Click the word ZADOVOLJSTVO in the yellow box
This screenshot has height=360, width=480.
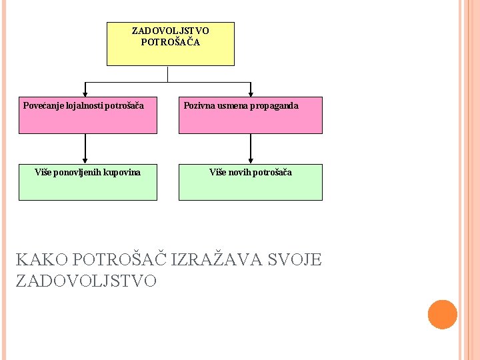171,31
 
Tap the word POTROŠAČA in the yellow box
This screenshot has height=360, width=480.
171,41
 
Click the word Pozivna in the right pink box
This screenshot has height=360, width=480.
199,105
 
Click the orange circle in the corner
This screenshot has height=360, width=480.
442,315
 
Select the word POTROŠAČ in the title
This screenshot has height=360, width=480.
120,259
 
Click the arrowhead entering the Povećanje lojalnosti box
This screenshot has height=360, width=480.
85,93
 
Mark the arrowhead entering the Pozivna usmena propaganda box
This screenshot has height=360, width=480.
251,93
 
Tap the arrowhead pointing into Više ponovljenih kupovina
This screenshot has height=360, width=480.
85,160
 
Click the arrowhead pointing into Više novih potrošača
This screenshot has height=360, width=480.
251,160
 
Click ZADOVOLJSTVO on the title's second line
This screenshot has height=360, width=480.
86,281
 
